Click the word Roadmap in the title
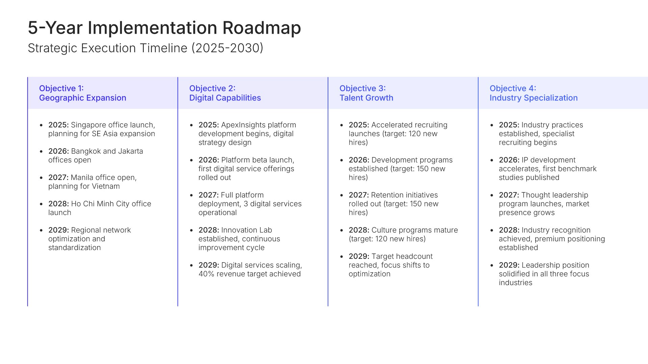pyautogui.click(x=262, y=28)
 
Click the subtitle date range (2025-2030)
pyautogui.click(x=227, y=48)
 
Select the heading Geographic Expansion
pyautogui.click(x=83, y=98)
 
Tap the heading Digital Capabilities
pyautogui.click(x=225, y=98)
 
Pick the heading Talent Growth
pyautogui.click(x=366, y=98)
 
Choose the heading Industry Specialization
pyautogui.click(x=534, y=98)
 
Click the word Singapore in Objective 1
pyautogui.click(x=88, y=125)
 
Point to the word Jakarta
pyautogui.click(x=131, y=151)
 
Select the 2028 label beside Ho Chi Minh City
pyautogui.click(x=58, y=204)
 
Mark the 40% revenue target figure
pyautogui.click(x=206, y=274)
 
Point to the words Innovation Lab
pyautogui.click(x=246, y=230)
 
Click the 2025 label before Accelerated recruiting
pyautogui.click(x=359, y=125)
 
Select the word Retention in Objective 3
pyautogui.click(x=387, y=195)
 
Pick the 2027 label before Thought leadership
pyautogui.click(x=509, y=195)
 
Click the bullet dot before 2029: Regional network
pyautogui.click(x=41, y=231)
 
